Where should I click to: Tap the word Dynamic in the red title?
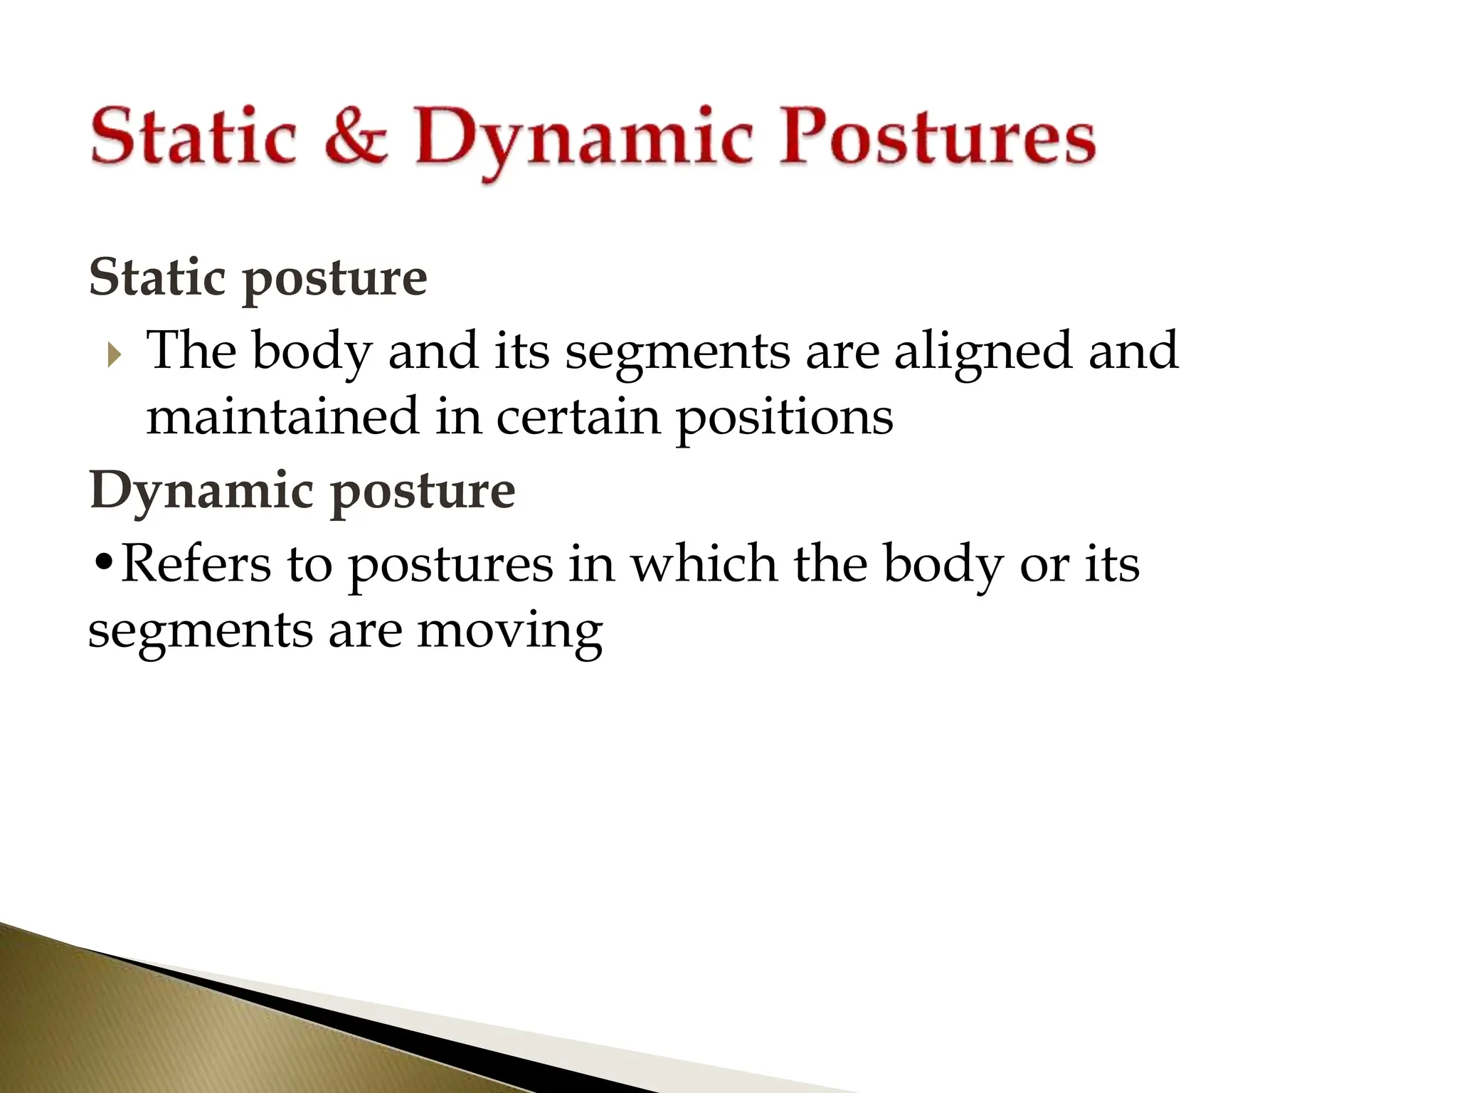pos(583,139)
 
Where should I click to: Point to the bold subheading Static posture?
pos(258,279)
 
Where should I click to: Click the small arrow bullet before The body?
pos(114,354)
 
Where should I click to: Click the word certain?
pos(578,418)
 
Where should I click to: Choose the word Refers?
pos(196,564)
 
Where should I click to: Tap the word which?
pos(704,564)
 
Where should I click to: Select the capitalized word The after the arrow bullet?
pos(191,351)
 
